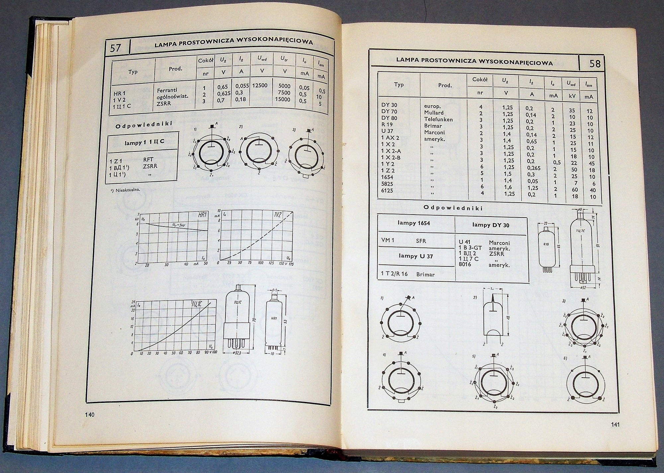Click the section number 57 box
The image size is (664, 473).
(116, 48)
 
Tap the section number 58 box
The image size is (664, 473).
(595, 63)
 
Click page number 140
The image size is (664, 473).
(90, 415)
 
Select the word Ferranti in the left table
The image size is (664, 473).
(167, 90)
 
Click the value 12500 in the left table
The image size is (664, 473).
(260, 85)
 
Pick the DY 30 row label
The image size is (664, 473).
(389, 105)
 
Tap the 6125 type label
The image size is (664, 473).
(387, 190)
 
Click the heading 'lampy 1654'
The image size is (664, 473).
(414, 223)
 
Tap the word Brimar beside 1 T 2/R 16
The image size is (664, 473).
(425, 274)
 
